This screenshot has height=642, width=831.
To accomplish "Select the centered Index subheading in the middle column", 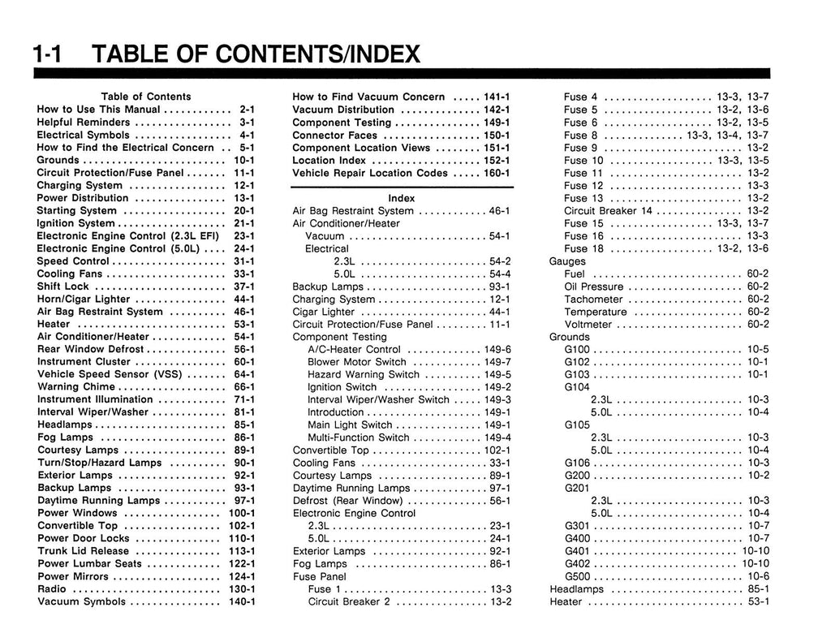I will pos(401,198).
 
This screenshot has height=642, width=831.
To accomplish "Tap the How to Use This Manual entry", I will pos(98,110).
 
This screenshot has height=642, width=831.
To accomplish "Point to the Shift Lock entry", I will pos(63,287).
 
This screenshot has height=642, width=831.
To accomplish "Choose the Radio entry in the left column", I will pos(52,589).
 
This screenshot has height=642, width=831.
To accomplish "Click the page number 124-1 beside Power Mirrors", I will pos(242,576).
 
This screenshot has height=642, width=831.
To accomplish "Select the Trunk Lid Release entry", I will pos(83,551).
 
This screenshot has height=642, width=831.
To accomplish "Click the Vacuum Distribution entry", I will pos(343,110).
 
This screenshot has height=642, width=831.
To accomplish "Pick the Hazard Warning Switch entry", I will pos(364,375).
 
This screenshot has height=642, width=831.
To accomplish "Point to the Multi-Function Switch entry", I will pos(359,437).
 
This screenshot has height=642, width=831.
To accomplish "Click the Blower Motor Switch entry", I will pos(357,362).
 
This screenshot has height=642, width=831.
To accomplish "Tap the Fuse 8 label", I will pos(581,135).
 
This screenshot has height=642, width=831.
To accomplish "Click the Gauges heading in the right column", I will pos(567,261).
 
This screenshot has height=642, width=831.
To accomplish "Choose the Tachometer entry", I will pos(595,299).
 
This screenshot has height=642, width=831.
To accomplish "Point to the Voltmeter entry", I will pos(588,325).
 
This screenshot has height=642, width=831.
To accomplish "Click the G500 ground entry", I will pos(578,576).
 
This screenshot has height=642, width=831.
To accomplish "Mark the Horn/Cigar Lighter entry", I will pos(84,299).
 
